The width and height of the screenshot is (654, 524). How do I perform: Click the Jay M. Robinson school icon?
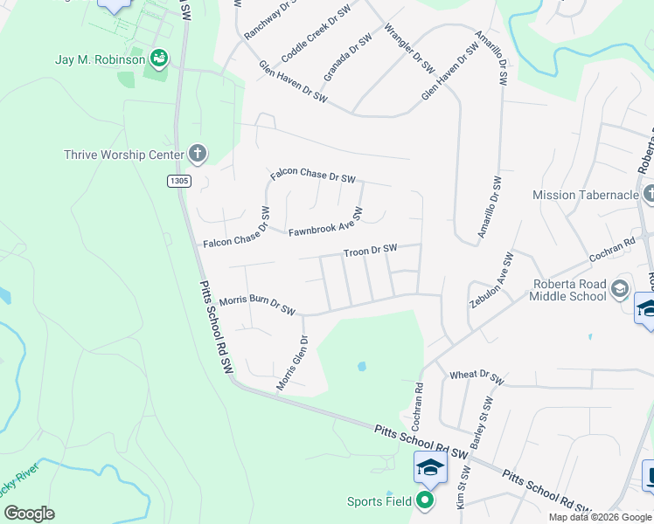(158, 59)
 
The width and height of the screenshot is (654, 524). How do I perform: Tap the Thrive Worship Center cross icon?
(198, 155)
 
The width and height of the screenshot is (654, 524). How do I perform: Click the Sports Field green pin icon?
(425, 500)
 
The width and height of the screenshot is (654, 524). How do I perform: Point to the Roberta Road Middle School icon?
(620, 287)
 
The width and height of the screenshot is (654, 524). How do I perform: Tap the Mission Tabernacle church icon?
(648, 194)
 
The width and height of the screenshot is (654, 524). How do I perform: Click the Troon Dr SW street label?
(370, 250)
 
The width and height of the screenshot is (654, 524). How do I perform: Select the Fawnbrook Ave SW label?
(325, 224)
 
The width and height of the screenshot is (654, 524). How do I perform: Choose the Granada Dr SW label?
(347, 58)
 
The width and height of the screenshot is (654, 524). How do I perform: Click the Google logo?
(29, 514)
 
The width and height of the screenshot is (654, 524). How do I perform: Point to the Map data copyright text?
(600, 517)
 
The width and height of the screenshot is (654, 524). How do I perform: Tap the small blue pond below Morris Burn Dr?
(361, 367)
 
